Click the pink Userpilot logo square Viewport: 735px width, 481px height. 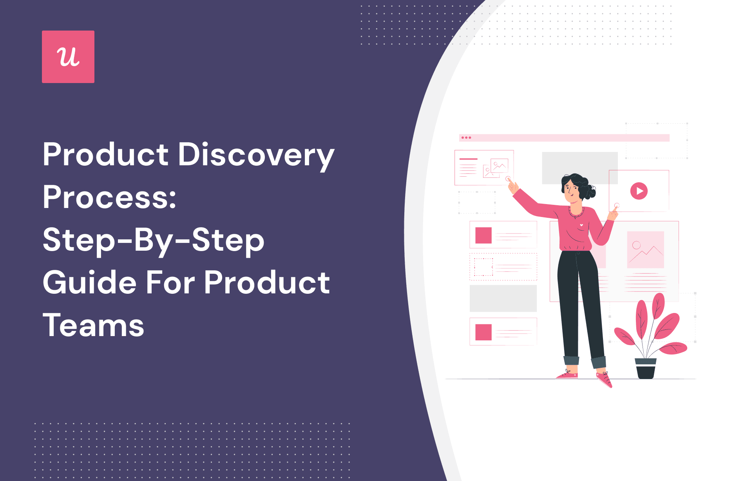(x=68, y=57)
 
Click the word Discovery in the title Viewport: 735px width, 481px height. (x=256, y=155)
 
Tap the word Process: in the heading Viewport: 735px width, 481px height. (x=109, y=197)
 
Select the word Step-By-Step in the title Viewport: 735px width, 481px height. (x=154, y=240)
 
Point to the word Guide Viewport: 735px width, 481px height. (x=90, y=283)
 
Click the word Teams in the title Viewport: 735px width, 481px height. (x=93, y=325)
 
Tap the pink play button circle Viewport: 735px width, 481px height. (x=639, y=191)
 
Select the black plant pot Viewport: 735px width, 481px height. (x=646, y=369)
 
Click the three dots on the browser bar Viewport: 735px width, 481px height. (x=466, y=138)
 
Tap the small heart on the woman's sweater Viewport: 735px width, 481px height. (x=581, y=225)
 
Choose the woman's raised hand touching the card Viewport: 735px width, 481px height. (x=512, y=185)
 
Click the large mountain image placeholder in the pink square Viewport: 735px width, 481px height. (x=645, y=250)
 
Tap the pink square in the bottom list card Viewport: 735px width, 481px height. (x=483, y=332)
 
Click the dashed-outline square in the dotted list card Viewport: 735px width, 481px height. (x=483, y=267)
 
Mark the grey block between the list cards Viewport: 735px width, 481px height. (x=503, y=298)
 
